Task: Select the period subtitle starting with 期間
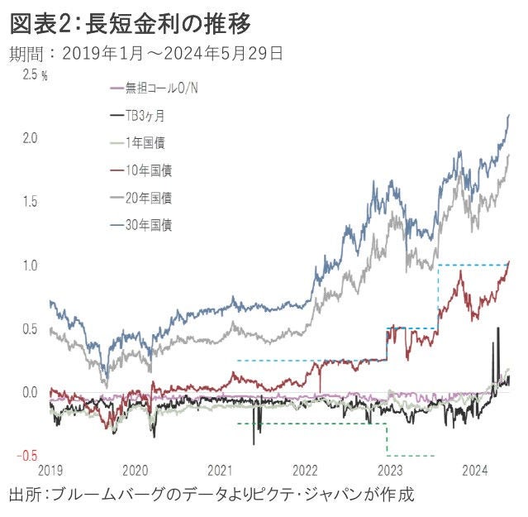(147, 55)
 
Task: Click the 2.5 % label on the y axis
(36, 74)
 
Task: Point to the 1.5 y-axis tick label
(30, 202)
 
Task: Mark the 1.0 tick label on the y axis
(30, 266)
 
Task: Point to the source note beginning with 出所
(211, 495)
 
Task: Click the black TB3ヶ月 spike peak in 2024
(497, 328)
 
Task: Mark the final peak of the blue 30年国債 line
(508, 115)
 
